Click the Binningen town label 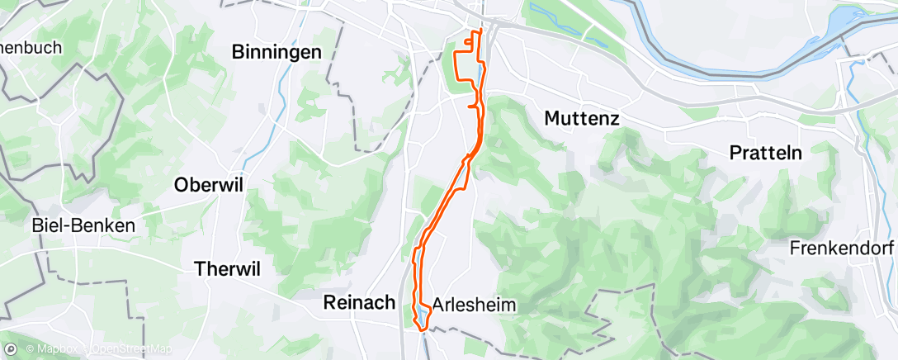pyautogui.click(x=276, y=53)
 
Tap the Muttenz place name pyautogui.click(x=582, y=119)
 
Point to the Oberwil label pyautogui.click(x=208, y=186)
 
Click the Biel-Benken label pyautogui.click(x=83, y=225)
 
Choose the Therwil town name pyautogui.click(x=226, y=268)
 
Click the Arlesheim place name pyautogui.click(x=474, y=306)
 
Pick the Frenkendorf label pyautogui.click(x=842, y=248)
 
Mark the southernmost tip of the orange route pyautogui.click(x=421, y=329)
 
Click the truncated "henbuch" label pyautogui.click(x=31, y=48)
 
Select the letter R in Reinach pyautogui.click(x=327, y=303)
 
